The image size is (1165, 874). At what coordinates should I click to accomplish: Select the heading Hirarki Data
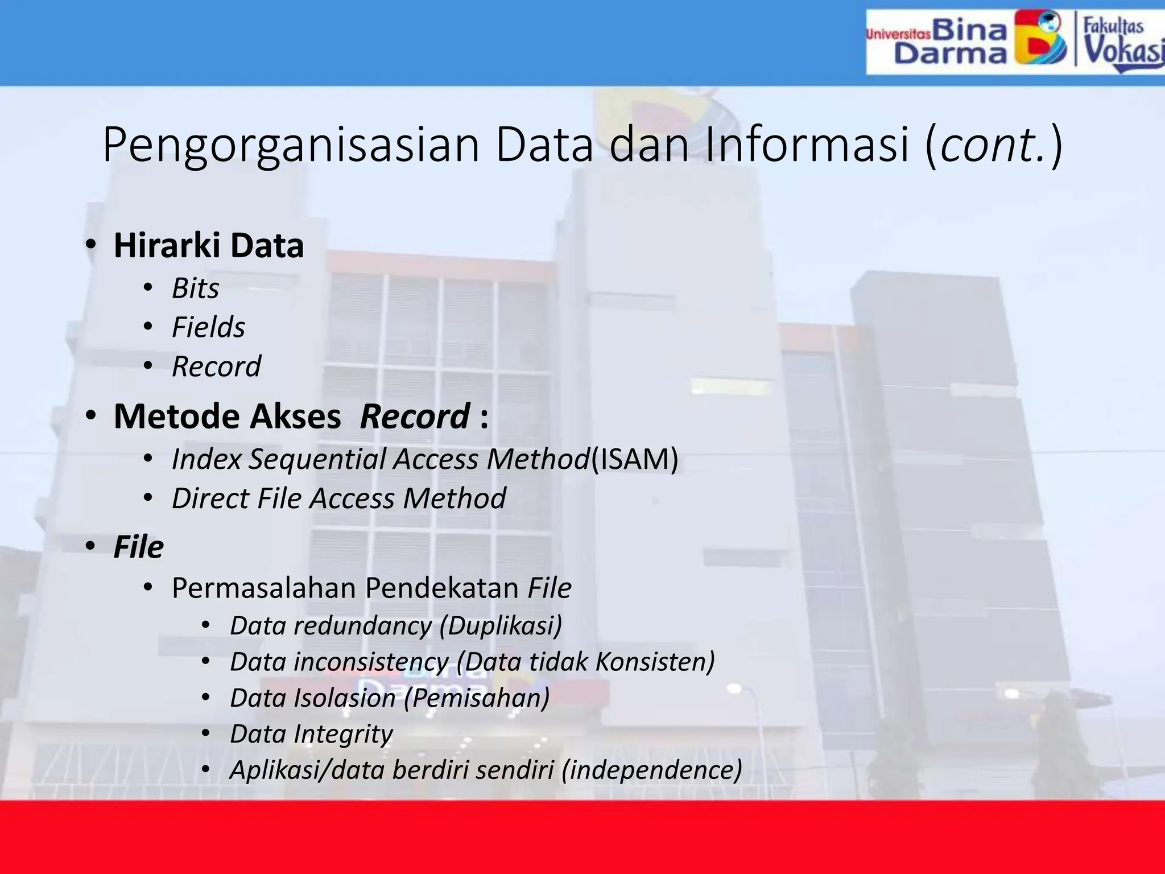click(208, 246)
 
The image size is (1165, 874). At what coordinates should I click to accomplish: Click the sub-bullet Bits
click(195, 288)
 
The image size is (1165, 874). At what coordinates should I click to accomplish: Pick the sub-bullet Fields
click(208, 328)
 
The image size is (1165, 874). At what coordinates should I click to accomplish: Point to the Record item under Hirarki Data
click(216, 366)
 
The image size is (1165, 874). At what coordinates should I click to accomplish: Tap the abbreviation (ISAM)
click(634, 459)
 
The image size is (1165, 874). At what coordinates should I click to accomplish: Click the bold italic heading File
click(138, 547)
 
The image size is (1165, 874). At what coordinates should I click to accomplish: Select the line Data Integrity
click(311, 734)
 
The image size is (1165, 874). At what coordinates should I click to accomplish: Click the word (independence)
click(651, 770)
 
